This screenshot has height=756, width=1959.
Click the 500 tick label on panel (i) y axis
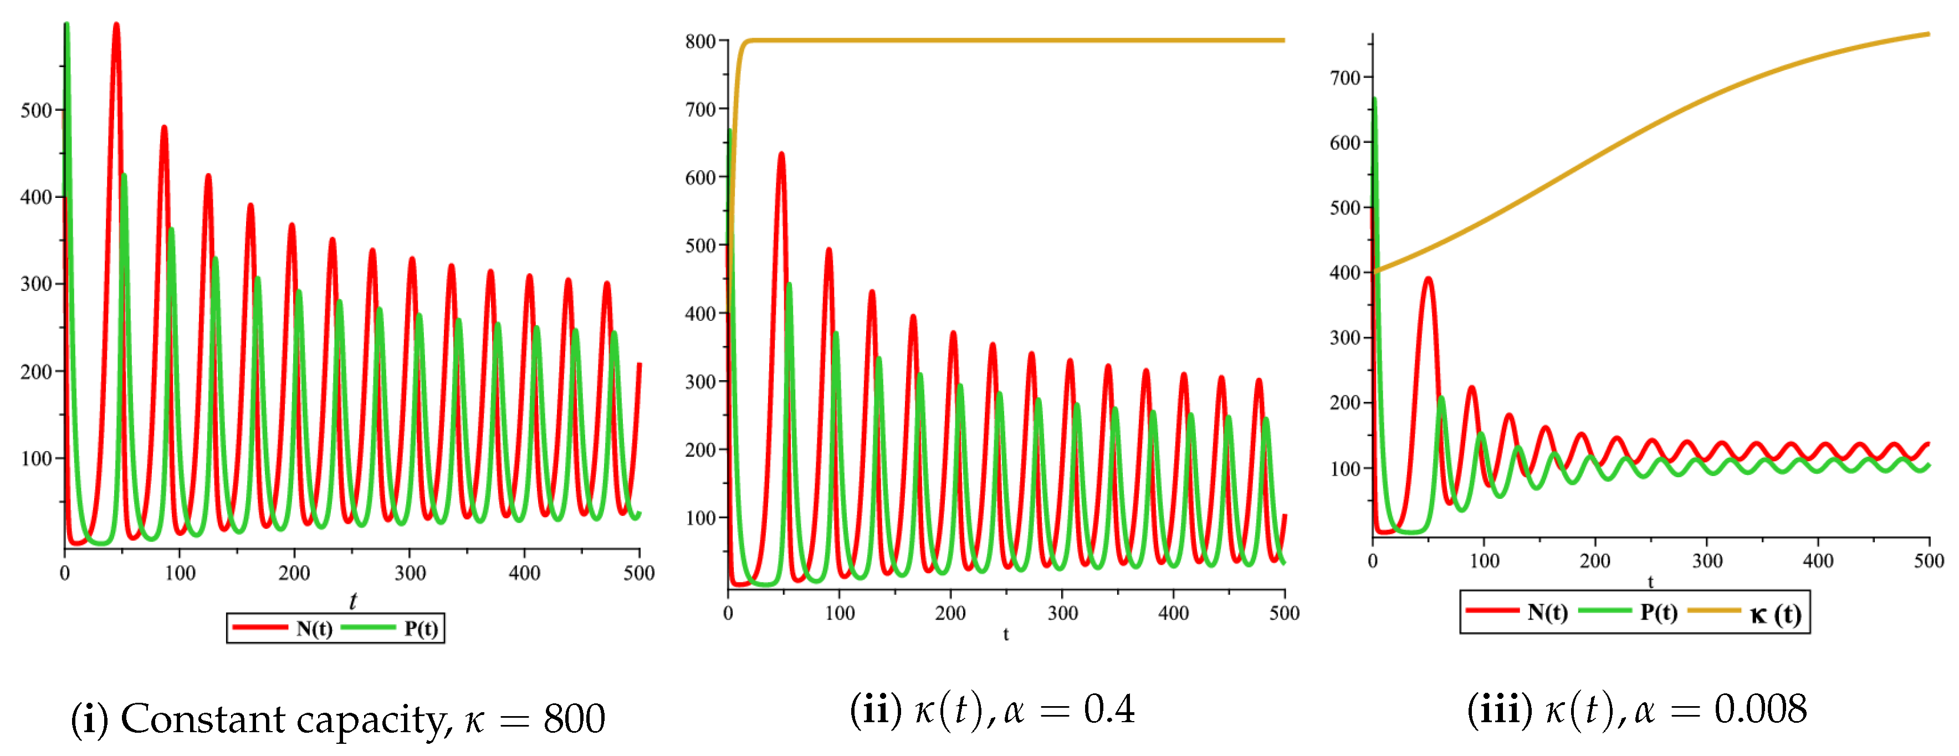(x=35, y=111)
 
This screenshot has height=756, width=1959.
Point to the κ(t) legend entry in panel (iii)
(x=1774, y=613)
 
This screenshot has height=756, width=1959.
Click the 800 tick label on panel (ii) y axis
(x=699, y=42)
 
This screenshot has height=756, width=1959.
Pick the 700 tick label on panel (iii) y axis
(x=1344, y=78)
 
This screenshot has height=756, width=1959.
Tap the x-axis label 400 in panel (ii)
(x=1173, y=613)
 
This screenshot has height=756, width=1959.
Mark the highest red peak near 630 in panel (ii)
(x=781, y=155)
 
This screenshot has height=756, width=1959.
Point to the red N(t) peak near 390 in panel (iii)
(x=1428, y=280)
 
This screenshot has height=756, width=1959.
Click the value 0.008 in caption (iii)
(x=1759, y=709)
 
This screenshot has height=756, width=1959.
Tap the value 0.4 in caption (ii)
(x=1109, y=709)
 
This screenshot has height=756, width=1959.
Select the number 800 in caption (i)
(x=574, y=719)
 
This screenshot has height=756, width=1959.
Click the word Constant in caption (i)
(x=202, y=719)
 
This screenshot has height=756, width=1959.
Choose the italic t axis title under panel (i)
(x=352, y=601)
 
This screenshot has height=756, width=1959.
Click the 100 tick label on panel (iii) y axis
(x=1344, y=468)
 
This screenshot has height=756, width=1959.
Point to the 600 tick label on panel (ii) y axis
(x=699, y=177)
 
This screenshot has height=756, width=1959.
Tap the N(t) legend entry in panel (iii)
(x=1547, y=612)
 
